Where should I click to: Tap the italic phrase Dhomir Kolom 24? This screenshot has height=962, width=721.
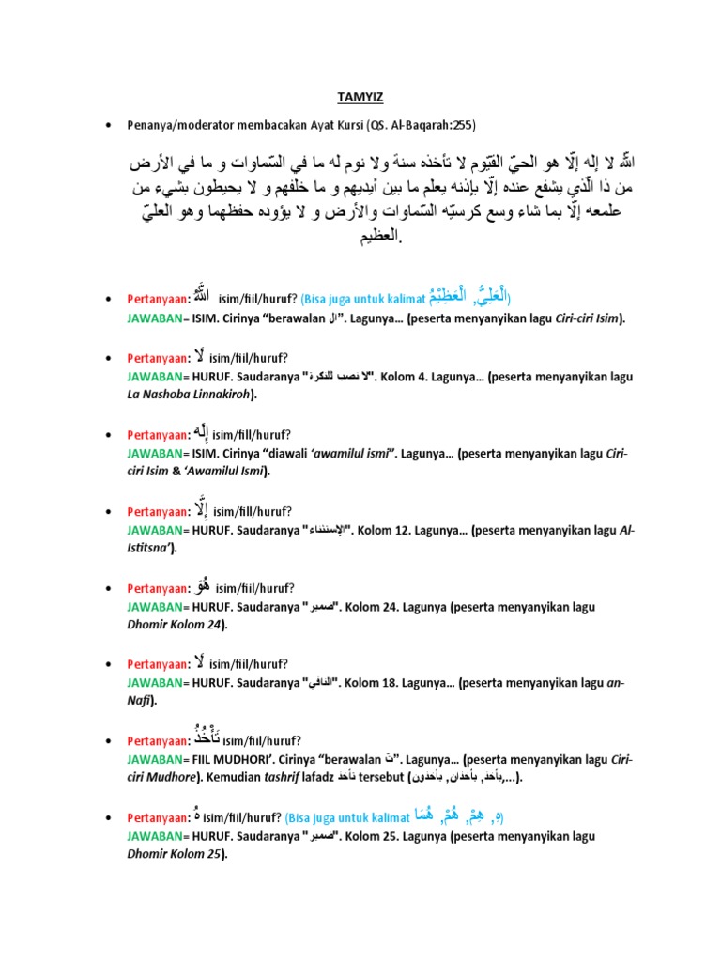(x=176, y=623)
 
